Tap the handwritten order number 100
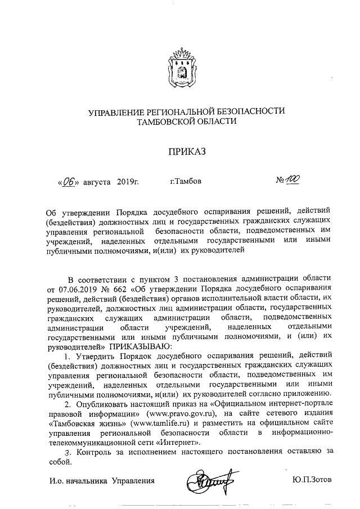(292, 180)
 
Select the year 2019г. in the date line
(128, 182)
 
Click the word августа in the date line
(97, 182)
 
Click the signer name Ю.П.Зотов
(312, 480)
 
